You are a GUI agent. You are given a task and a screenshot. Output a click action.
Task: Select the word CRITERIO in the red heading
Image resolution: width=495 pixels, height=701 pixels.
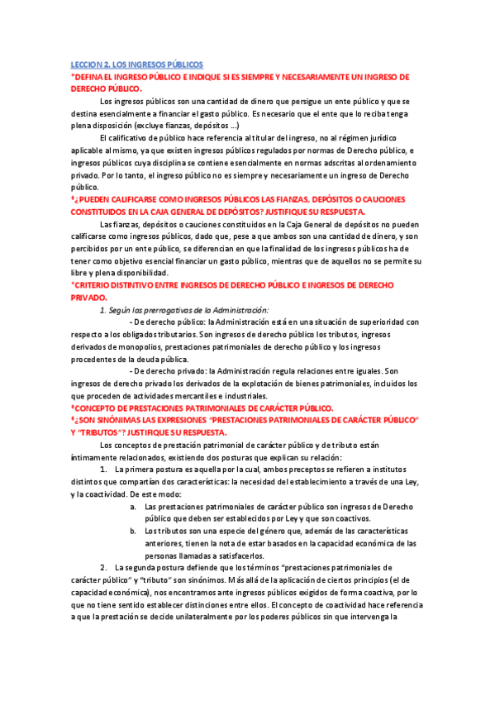92,284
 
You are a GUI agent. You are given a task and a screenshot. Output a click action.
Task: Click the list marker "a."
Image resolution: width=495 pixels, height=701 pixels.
134,506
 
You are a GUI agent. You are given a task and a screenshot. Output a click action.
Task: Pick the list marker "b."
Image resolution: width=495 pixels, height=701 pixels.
134,531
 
